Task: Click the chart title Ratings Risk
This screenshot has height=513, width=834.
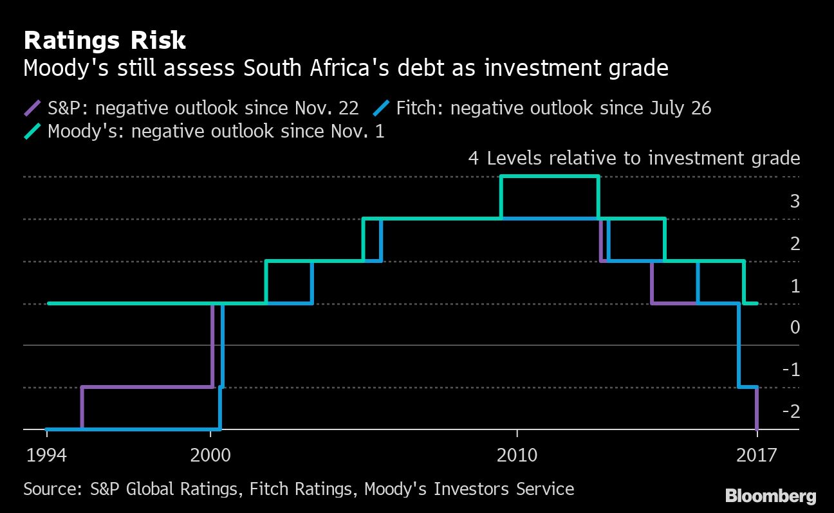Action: tap(104, 40)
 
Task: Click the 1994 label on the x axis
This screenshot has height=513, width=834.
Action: tap(46, 455)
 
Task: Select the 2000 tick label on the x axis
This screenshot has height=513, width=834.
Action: tap(210, 455)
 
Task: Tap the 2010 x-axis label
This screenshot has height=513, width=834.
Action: tap(517, 455)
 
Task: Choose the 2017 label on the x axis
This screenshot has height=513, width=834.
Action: tap(757, 455)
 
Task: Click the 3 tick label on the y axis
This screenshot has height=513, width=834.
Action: tap(795, 201)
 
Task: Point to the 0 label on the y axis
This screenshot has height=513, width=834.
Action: tap(795, 328)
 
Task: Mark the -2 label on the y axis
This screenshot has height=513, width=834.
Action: tap(792, 411)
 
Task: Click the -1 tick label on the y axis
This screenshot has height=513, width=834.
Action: tap(792, 370)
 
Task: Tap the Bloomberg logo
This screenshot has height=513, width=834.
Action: tap(770, 496)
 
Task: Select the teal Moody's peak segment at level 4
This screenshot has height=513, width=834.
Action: tap(550, 176)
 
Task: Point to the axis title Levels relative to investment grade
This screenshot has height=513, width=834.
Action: tap(643, 158)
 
